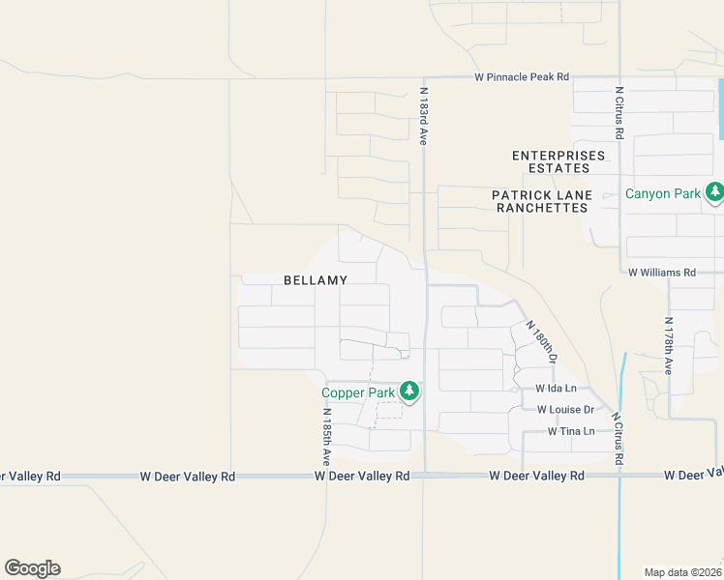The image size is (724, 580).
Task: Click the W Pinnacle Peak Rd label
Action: coord(521,76)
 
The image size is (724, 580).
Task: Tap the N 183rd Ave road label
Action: coord(423,116)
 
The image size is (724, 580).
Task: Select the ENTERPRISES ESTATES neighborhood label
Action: coord(558,161)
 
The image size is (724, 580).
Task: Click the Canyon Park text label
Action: coord(662,193)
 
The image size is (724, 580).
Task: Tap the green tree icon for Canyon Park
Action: coord(714,192)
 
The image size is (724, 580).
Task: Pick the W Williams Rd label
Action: coord(662,274)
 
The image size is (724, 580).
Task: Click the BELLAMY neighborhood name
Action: coord(316,280)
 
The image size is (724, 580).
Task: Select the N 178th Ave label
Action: coord(668,346)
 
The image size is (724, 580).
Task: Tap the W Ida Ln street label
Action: coord(557,389)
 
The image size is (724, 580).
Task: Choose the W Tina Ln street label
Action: coord(571,431)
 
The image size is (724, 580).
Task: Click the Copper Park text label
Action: coord(358,392)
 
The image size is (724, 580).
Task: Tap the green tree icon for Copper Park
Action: coord(410,391)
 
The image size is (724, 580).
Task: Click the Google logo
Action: coord(32,568)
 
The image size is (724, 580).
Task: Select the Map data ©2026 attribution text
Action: coord(683,572)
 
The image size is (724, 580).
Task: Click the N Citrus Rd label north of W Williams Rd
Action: coord(618,112)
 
